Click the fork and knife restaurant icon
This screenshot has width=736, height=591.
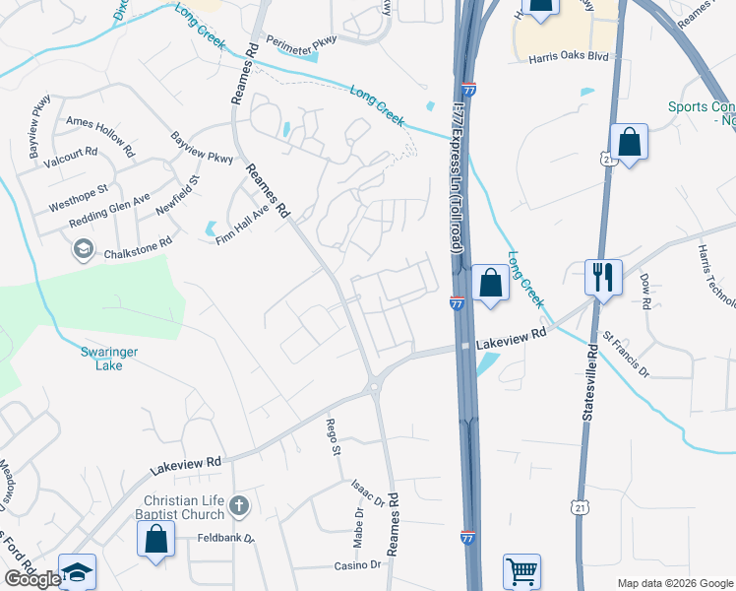click(x=603, y=276)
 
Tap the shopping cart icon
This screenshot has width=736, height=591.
click(x=521, y=570)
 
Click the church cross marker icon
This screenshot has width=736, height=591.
click(x=239, y=508)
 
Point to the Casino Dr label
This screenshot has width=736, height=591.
click(x=356, y=564)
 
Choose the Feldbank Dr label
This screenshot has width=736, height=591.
click(x=225, y=539)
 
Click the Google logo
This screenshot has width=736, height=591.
click(x=31, y=579)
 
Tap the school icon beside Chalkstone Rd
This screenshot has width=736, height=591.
click(x=84, y=250)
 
